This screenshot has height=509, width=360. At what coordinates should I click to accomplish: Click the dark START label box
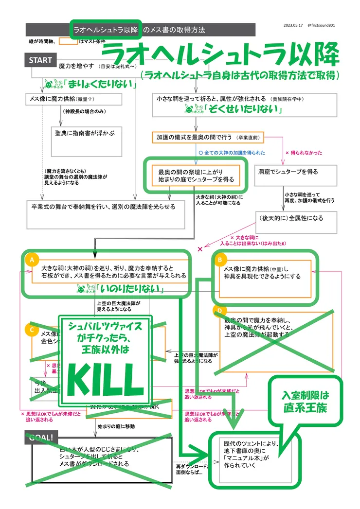[40, 60]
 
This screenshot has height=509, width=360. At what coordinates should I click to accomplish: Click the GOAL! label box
[41, 438]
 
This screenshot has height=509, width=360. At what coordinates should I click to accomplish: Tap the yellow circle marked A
[32, 260]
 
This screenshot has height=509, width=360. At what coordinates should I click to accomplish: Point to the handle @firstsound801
[321, 26]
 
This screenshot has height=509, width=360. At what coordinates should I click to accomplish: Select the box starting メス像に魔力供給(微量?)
[73, 99]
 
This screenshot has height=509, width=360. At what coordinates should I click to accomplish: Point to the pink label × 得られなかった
[304, 153]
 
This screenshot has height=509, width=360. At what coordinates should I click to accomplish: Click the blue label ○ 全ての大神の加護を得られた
[232, 153]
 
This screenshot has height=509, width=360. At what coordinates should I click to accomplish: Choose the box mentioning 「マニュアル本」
[252, 457]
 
